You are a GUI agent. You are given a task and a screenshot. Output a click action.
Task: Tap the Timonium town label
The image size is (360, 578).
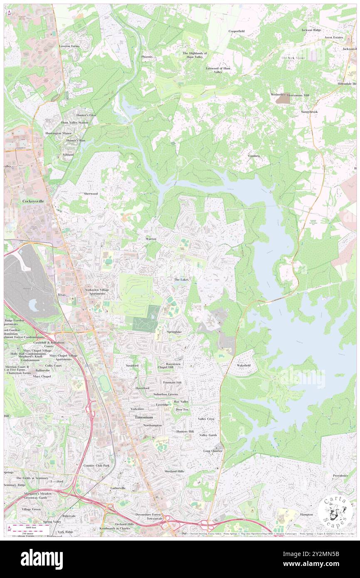pyautogui.click(x=141, y=417)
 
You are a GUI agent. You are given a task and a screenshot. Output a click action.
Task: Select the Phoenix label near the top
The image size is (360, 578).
pyautogui.click(x=147, y=57)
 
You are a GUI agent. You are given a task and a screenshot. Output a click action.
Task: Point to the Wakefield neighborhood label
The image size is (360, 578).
pyautogui.click(x=244, y=365)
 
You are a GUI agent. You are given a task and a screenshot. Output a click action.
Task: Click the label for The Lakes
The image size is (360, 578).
pyautogui.click(x=181, y=280)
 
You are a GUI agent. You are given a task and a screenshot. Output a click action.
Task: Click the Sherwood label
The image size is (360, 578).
pyautogui.click(x=91, y=194)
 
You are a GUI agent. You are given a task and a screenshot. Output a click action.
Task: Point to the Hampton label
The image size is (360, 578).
pyautogui.click(x=306, y=514)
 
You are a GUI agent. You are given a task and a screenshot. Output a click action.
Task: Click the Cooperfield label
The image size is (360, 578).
pyautogui.click(x=237, y=31)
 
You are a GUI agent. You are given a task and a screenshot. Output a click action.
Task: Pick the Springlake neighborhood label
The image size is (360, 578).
pyautogui.click(x=174, y=331)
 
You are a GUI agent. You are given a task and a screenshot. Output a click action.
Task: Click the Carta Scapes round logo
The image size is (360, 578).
pyautogui.click(x=335, y=513)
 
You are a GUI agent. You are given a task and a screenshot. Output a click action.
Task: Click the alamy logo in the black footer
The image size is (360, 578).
pyautogui.click(x=42, y=559)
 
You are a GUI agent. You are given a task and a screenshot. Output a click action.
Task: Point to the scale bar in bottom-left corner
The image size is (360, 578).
pyautogui.click(x=28, y=527)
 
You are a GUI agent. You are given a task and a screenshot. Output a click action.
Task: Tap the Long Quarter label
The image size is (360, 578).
pyautogui.click(x=212, y=451)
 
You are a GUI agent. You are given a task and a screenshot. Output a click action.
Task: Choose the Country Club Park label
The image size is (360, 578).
pyautogui.click(x=96, y=465)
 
